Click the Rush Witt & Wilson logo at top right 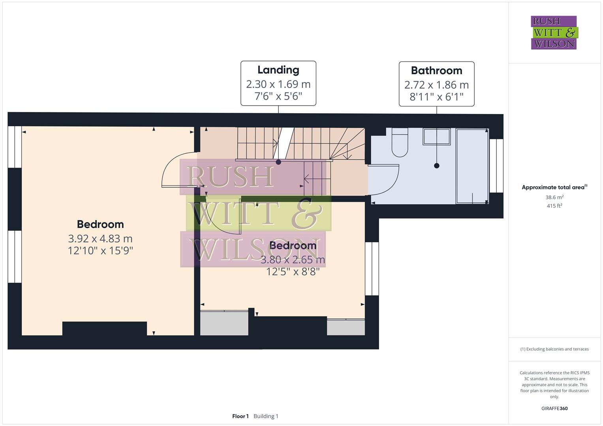554,33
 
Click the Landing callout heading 278,70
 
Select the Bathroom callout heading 436,71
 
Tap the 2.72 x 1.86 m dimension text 436,85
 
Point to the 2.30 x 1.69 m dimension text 278,84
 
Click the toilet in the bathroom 400,143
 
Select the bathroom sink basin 436,136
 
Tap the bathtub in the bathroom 472,166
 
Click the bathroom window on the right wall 496,166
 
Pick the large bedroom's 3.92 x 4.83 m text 100,239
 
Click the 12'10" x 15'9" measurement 100,250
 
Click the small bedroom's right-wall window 372,269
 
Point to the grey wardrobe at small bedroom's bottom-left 224,323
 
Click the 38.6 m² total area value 554,197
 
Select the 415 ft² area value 554,206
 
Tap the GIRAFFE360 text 554,409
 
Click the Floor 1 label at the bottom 240,416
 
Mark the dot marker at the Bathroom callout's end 436,166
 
